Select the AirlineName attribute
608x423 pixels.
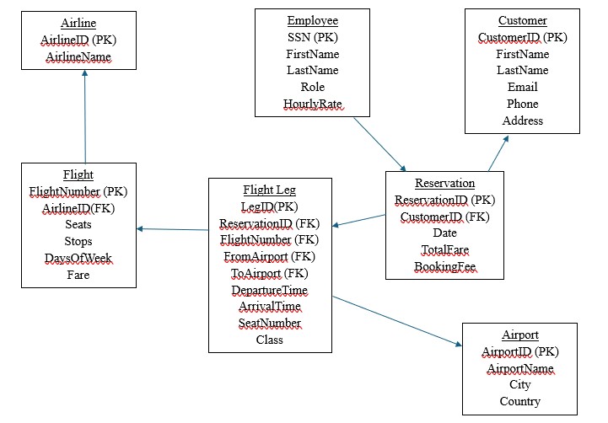coord(78,56)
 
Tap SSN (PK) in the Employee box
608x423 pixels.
coord(312,37)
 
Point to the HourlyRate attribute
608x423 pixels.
coord(312,104)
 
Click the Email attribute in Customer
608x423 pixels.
coord(522,87)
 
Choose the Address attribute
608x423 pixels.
coord(522,120)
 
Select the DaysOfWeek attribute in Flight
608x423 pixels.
coord(78,258)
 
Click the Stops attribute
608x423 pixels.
coord(78,241)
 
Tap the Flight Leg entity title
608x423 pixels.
coord(269,190)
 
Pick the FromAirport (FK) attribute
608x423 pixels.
coord(269,256)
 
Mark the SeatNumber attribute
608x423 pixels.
coord(269,324)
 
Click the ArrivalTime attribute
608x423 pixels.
coord(269,307)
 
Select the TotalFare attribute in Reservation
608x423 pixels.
coord(444,250)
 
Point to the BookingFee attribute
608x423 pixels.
coord(444,267)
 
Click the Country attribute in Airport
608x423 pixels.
coord(519,402)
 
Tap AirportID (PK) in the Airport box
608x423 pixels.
coord(519,351)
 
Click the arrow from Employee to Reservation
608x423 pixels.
coord(379,143)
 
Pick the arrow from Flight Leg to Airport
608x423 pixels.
coord(396,320)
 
